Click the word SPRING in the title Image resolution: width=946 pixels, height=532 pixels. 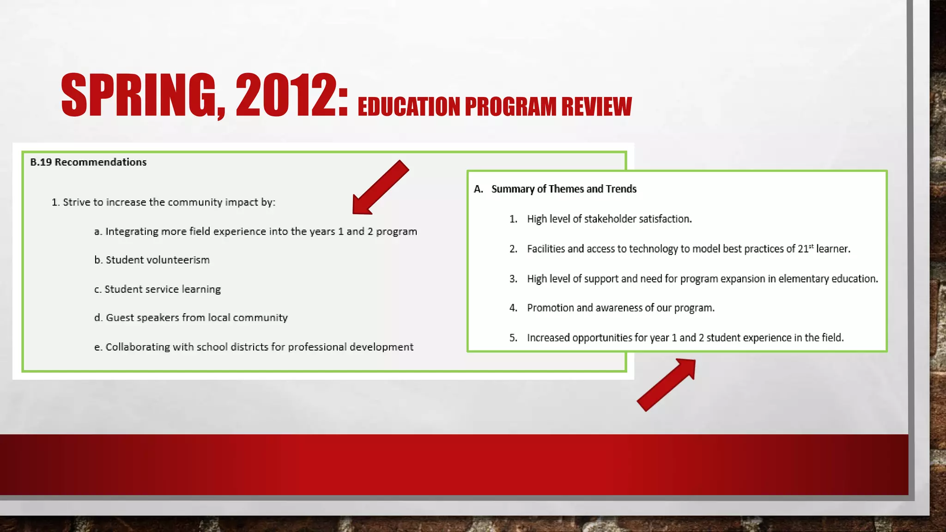[139, 96]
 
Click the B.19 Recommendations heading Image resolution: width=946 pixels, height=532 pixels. [88, 162]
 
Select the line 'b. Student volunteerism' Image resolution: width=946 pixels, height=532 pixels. [152, 260]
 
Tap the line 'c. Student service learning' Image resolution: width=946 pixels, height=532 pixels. [158, 289]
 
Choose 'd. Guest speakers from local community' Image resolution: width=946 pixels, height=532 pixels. [191, 318]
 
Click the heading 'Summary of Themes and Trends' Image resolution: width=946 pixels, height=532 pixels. [564, 189]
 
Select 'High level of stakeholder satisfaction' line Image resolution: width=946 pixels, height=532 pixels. [609, 219]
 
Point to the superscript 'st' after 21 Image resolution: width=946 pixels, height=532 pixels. [811, 246]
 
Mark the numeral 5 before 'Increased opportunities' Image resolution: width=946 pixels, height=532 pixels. [513, 338]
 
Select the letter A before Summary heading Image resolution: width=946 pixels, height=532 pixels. [478, 189]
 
